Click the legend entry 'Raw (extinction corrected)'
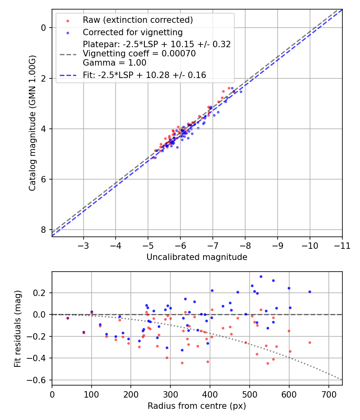tap(138, 20)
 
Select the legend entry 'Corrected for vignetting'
tap(132, 32)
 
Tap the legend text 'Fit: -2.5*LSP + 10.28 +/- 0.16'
tap(144, 75)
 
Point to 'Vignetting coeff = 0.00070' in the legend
tap(139, 54)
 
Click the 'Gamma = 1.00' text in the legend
tap(114, 63)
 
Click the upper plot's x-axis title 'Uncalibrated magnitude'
tap(197, 257)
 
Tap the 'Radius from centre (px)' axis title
tap(197, 406)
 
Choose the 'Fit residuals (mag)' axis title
tap(17, 329)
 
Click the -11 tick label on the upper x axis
tap(342, 245)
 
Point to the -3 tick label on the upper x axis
tap(83, 245)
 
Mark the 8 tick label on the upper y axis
tap(44, 230)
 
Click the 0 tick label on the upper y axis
tap(44, 28)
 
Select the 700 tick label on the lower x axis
tap(328, 394)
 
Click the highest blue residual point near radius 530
tap(261, 276)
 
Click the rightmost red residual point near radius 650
tap(309, 342)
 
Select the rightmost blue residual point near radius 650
tap(309, 292)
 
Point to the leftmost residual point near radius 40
tap(68, 318)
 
